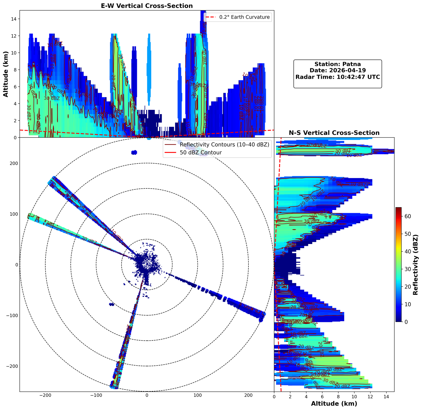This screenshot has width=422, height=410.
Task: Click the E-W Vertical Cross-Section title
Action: coord(147,6)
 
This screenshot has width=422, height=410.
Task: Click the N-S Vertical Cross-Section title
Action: coord(334,133)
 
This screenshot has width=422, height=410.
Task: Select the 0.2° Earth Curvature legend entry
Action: coord(244,17)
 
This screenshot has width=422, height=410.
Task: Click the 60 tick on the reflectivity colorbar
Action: coord(407,216)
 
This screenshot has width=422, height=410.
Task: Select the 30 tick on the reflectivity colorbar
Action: coord(407,269)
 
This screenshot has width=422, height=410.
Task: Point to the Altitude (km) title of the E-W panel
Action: coord(6,74)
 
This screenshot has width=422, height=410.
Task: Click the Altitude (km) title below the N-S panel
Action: coord(334,404)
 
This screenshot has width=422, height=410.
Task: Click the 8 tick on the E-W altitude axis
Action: coord(16,70)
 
